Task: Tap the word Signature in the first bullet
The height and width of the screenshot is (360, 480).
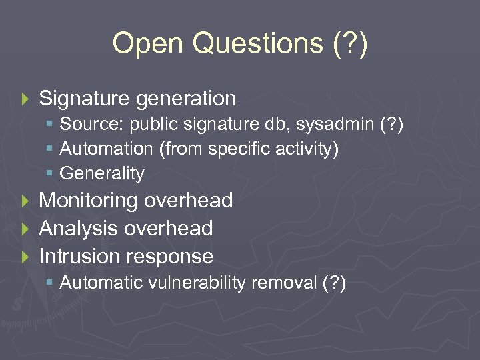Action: (x=85, y=99)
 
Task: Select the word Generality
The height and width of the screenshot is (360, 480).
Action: (x=102, y=174)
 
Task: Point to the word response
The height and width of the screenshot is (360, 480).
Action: (x=173, y=257)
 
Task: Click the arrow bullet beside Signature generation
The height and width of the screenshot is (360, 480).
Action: (x=26, y=99)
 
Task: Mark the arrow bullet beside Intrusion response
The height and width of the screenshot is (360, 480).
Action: (x=26, y=257)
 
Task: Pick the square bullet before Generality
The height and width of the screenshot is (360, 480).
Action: (x=51, y=174)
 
